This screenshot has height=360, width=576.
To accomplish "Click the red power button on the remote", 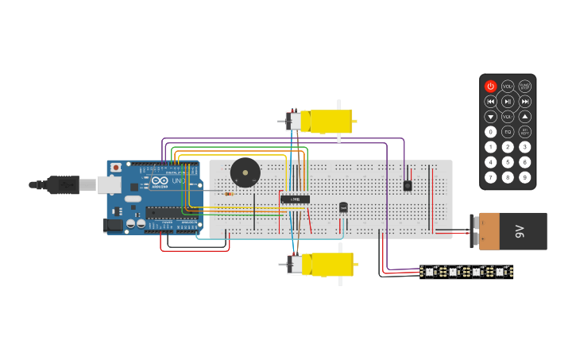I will (490, 86).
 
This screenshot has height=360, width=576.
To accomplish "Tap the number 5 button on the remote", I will (508, 162).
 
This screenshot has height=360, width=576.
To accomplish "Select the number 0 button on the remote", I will (490, 132).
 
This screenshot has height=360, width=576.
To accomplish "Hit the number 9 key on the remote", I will (524, 177).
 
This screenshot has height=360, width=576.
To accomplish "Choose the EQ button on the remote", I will (508, 132).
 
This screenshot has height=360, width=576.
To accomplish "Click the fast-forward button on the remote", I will (524, 101).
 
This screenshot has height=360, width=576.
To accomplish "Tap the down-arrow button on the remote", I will (490, 116).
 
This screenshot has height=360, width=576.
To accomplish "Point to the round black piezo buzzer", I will (245, 172).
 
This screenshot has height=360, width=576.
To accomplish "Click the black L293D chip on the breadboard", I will (295, 199).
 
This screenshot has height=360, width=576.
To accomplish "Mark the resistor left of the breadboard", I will (229, 193).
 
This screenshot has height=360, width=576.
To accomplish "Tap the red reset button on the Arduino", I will (116, 168).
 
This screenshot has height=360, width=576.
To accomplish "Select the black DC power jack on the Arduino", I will (114, 226).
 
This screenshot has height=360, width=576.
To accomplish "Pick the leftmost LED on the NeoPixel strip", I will (429, 272).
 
